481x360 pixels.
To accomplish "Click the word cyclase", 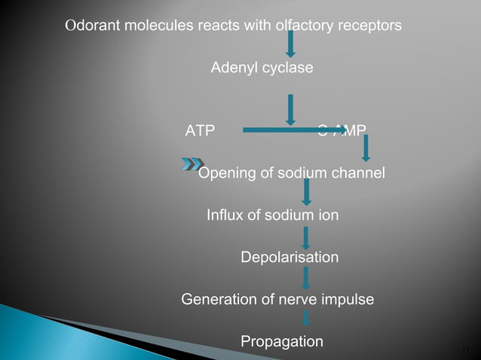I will pos(287,69).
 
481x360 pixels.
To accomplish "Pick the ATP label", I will pos(200,130).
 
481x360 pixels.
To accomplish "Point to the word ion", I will pos(326,216).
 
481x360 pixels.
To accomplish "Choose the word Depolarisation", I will pos(290,258).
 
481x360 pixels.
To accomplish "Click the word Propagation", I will pos(282,342).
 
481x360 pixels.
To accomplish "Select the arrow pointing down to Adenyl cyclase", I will pos(290,44).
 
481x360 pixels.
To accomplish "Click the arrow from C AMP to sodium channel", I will pos(366,147).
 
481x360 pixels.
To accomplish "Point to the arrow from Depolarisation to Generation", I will pos(305,278).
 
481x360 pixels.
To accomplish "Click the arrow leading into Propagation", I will pos(305,319).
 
